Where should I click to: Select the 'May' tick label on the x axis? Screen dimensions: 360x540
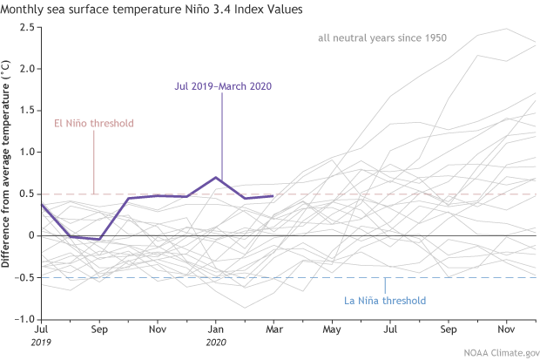(331, 331)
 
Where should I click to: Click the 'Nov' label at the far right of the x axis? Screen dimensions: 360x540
(503, 331)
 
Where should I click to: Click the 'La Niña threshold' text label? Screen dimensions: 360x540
(384, 301)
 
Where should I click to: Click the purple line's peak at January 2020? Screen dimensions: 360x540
(216, 177)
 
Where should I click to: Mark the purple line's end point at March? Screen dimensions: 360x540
(273, 196)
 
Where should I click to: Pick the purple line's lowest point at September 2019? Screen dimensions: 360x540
(100, 239)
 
